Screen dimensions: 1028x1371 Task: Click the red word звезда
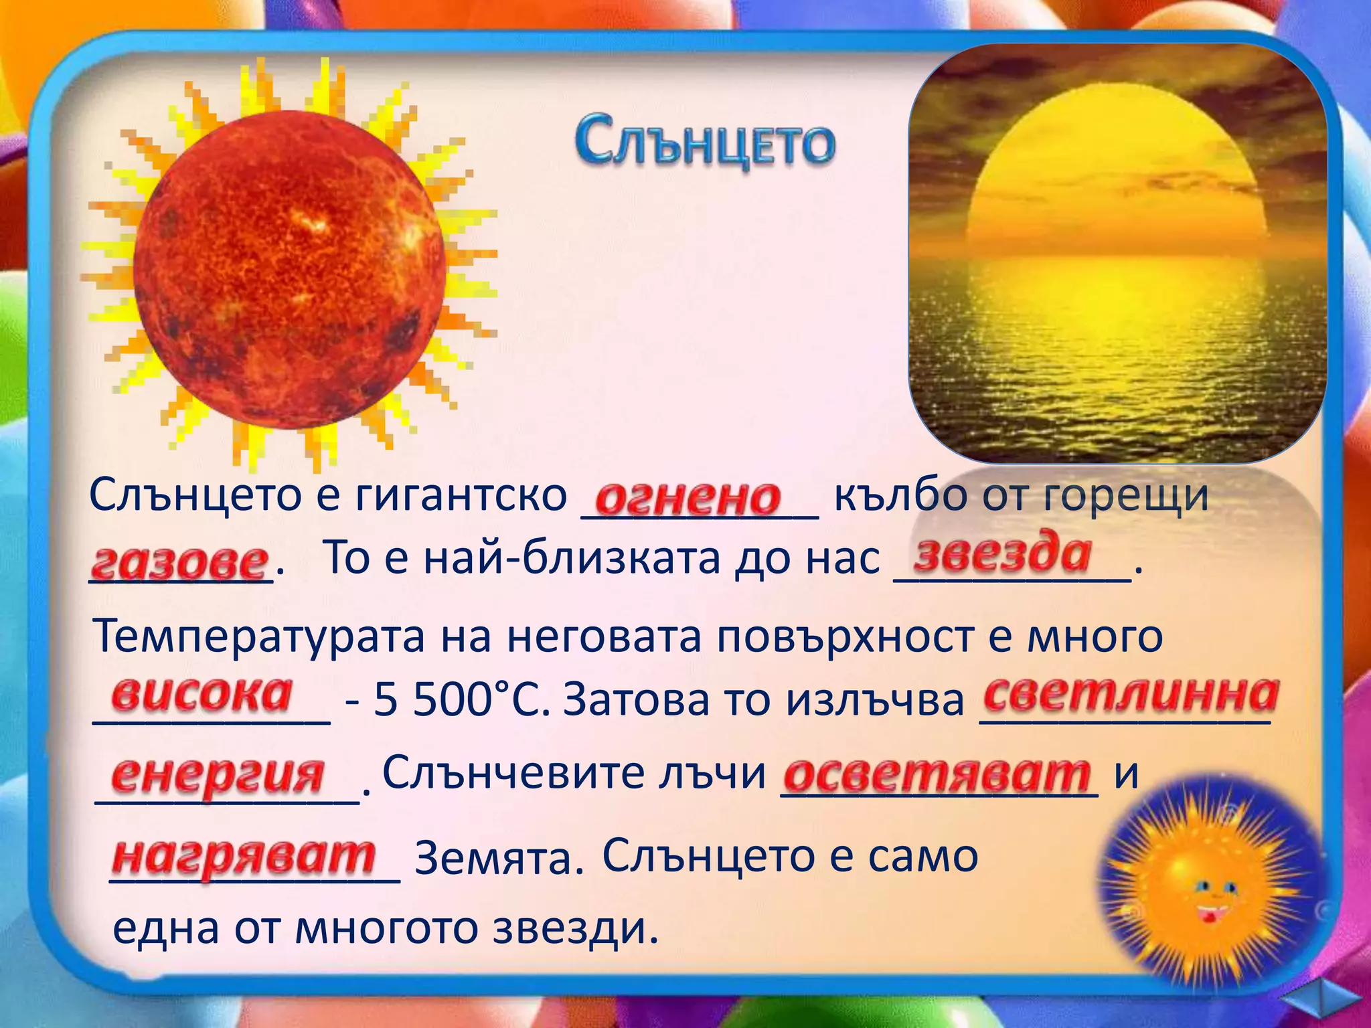[1003, 555]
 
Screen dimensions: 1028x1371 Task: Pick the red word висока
[201, 694]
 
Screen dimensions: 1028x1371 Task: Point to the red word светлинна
[1131, 694]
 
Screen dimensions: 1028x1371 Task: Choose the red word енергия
[218, 776]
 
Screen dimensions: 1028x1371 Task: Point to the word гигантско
[461, 496]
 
